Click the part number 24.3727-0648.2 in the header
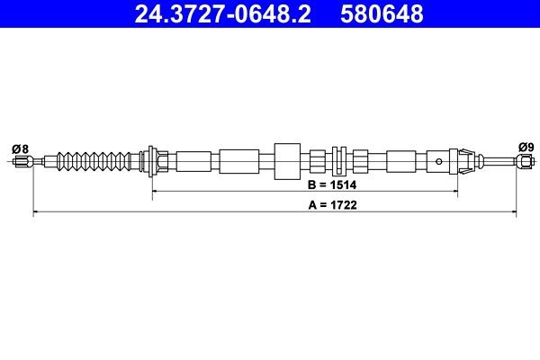pyautogui.click(x=223, y=13)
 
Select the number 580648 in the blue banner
pyautogui.click(x=382, y=13)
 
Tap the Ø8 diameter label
pyautogui.click(x=20, y=149)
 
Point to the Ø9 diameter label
pyautogui.click(x=526, y=148)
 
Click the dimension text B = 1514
pyautogui.click(x=332, y=185)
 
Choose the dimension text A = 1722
pyautogui.click(x=333, y=205)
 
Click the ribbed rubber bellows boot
pyautogui.click(x=94, y=161)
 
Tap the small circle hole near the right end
pyautogui.click(x=439, y=161)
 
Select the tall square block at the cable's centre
pyautogui.click(x=287, y=161)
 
